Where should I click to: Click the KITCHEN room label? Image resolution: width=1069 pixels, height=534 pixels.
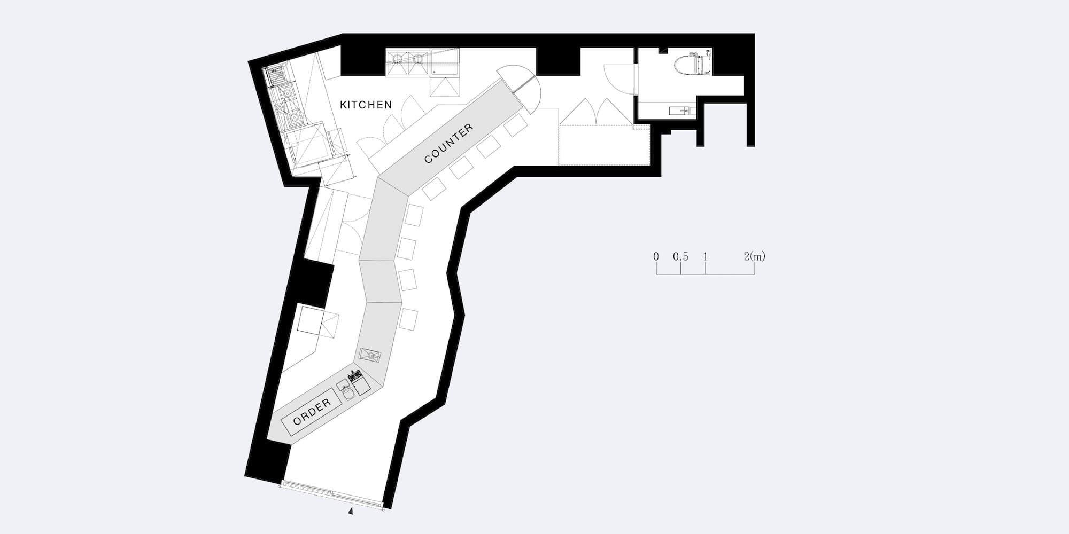tap(366, 105)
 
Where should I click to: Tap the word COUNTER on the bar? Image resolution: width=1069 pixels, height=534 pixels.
tap(449, 143)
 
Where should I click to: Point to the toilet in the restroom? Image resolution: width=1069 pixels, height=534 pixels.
tap(694, 65)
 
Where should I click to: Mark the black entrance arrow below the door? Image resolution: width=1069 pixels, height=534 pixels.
tap(351, 512)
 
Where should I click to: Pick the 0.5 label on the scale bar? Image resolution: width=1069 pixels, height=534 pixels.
tap(680, 257)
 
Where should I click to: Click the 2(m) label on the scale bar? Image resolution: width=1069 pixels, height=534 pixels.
tap(754, 257)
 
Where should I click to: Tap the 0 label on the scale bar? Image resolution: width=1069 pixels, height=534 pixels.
tap(656, 257)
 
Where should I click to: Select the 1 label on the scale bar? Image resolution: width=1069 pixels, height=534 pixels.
tap(706, 257)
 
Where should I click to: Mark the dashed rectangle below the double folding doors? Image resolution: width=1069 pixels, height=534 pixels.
tap(603, 145)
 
